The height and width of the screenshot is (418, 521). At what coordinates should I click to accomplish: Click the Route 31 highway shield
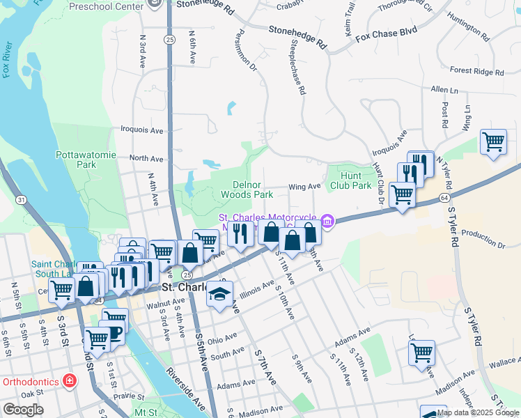click(x=23, y=200)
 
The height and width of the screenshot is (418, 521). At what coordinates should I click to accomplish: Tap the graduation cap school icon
click(x=219, y=295)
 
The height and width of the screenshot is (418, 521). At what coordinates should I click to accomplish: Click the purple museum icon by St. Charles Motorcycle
click(x=327, y=222)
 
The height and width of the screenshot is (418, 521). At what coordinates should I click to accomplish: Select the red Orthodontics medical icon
click(x=69, y=381)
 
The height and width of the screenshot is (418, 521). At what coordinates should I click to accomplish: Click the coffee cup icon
click(x=113, y=330)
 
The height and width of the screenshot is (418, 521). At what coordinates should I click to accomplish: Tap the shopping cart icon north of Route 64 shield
click(x=493, y=142)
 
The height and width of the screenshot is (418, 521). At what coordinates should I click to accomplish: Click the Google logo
click(x=24, y=410)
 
